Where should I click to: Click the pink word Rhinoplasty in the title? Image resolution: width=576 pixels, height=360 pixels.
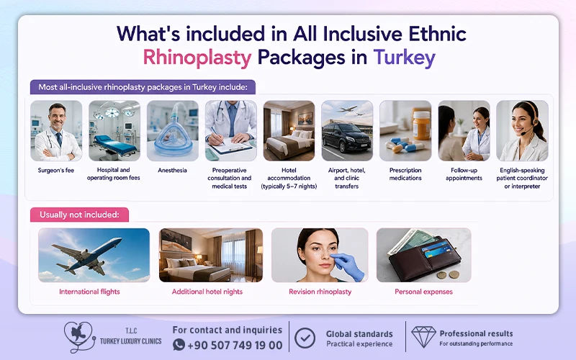[x=197, y=58]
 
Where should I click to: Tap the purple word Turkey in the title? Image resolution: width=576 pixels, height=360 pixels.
[x=404, y=58]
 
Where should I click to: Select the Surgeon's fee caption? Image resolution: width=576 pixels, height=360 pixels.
[x=56, y=171]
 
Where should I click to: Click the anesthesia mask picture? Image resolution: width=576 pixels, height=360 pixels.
[x=173, y=131]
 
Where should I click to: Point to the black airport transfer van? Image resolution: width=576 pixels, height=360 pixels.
[x=346, y=138]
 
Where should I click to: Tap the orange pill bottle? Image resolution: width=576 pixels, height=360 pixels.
[x=421, y=124]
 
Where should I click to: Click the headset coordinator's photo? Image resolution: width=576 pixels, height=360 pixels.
[x=522, y=131]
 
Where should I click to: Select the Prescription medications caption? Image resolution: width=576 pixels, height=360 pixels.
[x=405, y=174]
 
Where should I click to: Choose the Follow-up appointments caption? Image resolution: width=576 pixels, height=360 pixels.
[x=464, y=174]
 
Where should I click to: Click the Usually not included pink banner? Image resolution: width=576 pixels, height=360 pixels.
[x=79, y=215]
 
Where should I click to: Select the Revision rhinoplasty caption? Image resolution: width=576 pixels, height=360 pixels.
[x=320, y=292]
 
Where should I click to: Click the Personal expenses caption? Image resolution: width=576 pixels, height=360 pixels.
[x=423, y=292]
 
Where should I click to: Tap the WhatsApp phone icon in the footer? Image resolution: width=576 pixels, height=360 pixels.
[x=179, y=345]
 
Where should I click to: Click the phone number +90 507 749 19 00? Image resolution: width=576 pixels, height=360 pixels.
[x=235, y=345]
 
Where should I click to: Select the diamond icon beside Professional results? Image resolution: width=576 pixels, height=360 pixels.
[x=423, y=336]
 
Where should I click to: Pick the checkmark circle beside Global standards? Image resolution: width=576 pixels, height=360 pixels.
[x=305, y=338]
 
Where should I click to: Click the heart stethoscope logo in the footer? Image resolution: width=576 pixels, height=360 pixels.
[x=79, y=337]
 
